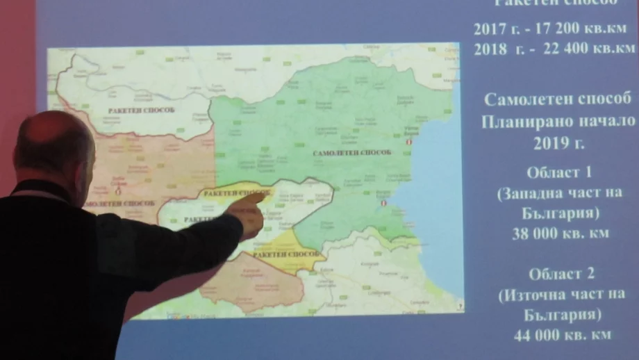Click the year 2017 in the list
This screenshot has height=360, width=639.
[x=490, y=29]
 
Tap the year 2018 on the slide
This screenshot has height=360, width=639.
[x=490, y=49]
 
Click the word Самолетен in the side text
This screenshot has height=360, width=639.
[x=523, y=99]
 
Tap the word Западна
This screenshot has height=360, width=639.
[x=533, y=194]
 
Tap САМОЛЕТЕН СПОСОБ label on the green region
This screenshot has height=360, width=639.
[x=352, y=152]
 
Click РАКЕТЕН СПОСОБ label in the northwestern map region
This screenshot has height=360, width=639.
[x=141, y=111]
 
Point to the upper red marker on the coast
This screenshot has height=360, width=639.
[x=408, y=142]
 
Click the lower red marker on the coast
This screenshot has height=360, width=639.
[x=384, y=204]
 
